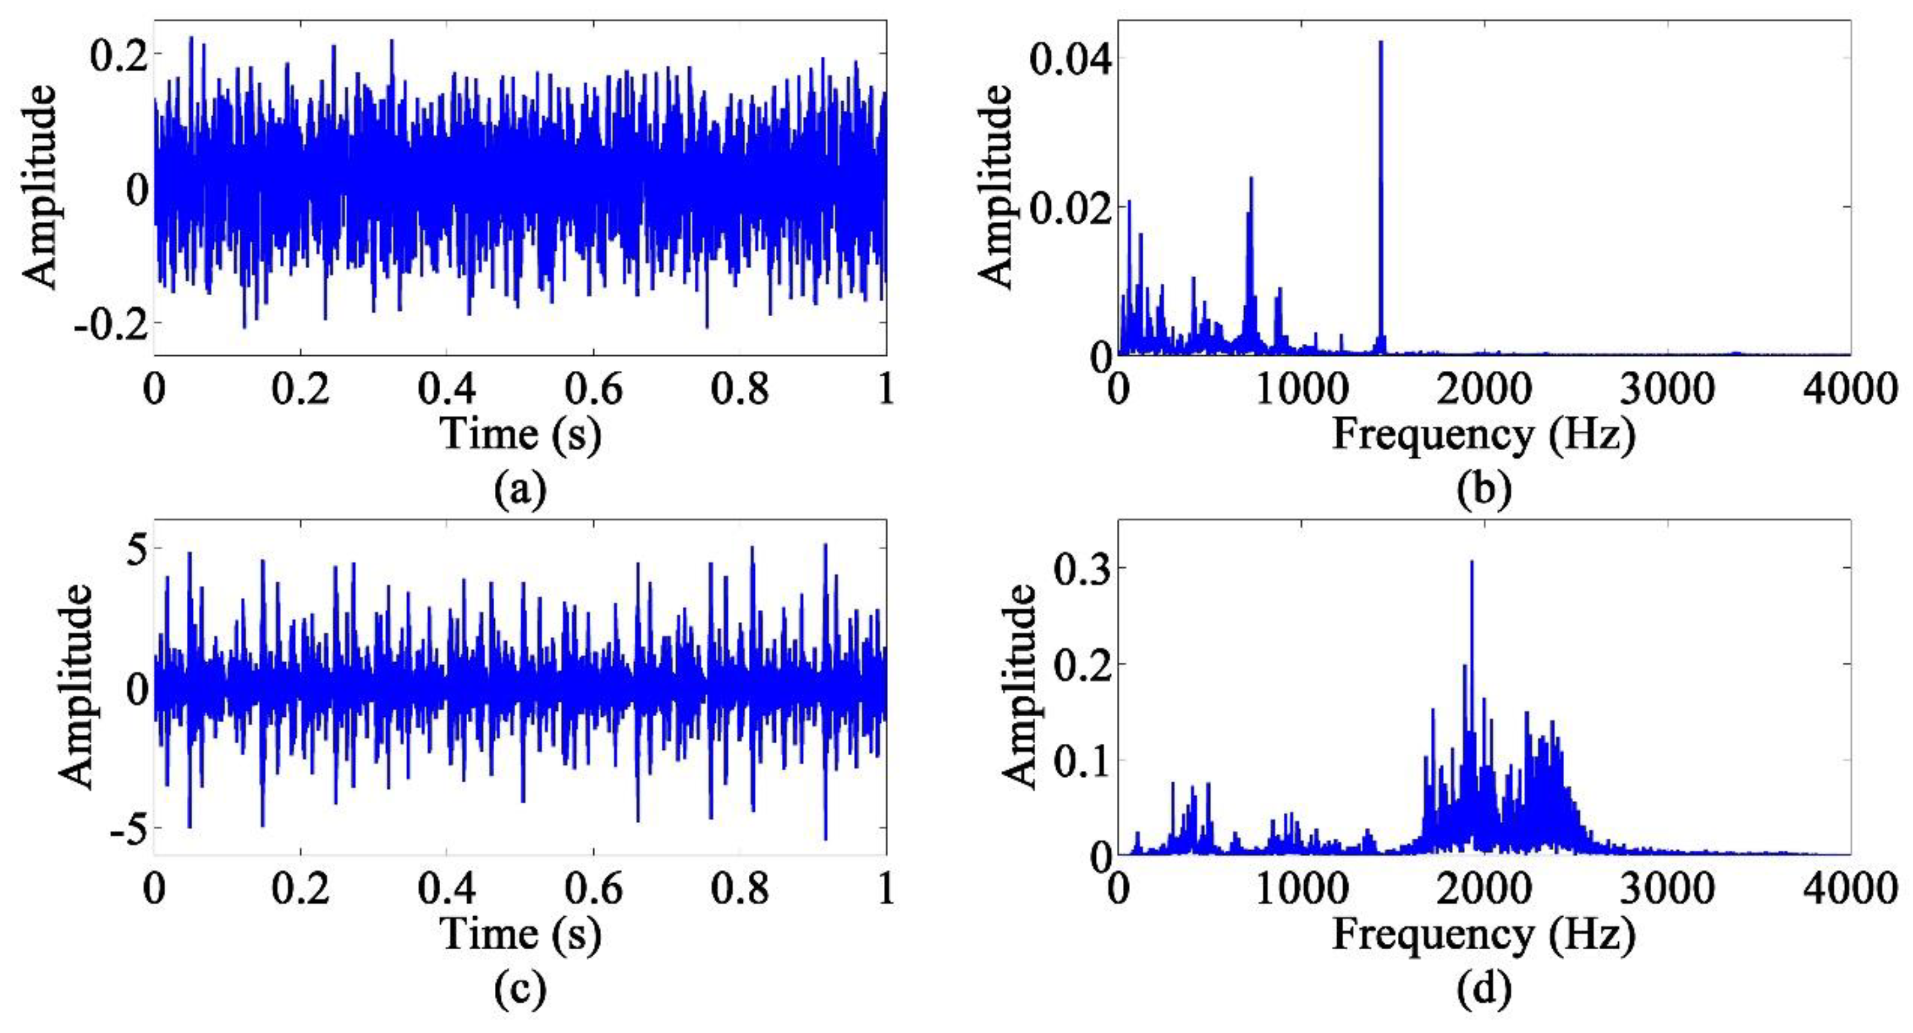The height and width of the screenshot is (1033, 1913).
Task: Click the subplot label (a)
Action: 519,491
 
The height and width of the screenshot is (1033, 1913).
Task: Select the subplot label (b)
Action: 1484,491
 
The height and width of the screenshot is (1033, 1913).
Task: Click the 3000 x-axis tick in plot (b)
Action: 1667,389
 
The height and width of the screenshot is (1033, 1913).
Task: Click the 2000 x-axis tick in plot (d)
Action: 1484,889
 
